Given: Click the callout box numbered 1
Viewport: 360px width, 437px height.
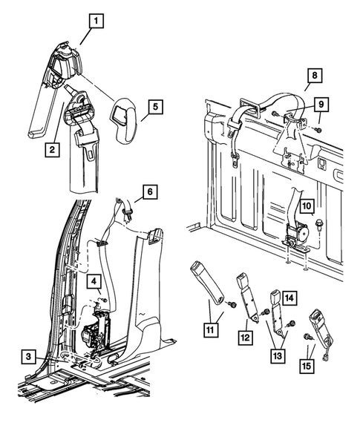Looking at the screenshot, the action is (x=96, y=22).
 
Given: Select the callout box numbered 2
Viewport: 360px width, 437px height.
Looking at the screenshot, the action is (x=52, y=150).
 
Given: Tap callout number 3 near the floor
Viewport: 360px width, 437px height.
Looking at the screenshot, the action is (x=28, y=357).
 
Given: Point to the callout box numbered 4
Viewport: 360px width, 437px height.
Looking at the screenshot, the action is (x=94, y=281).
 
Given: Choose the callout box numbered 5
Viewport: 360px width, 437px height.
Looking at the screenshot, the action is (x=155, y=106).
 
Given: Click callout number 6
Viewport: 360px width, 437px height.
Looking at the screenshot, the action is (x=150, y=191).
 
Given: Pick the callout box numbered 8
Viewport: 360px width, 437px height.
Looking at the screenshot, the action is (x=315, y=76).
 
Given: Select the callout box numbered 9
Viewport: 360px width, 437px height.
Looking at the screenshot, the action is (x=321, y=105).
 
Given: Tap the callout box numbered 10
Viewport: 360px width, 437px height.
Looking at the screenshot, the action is (x=307, y=206).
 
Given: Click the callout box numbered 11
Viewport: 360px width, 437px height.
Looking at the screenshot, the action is (x=210, y=330).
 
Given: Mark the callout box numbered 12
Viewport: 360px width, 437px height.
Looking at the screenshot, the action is (x=246, y=338).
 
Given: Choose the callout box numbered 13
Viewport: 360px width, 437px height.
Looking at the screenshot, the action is (x=278, y=356).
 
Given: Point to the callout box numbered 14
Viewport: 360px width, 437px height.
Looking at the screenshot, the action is (x=289, y=298).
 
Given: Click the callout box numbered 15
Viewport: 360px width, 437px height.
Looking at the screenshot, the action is (x=307, y=366).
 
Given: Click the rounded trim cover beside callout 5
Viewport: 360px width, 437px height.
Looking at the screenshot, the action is (x=123, y=121).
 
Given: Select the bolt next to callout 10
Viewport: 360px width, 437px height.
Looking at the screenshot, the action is (x=318, y=224).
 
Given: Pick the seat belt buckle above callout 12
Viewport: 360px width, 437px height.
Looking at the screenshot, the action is (x=248, y=299).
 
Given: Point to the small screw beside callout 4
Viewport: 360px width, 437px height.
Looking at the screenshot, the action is (x=105, y=300).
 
